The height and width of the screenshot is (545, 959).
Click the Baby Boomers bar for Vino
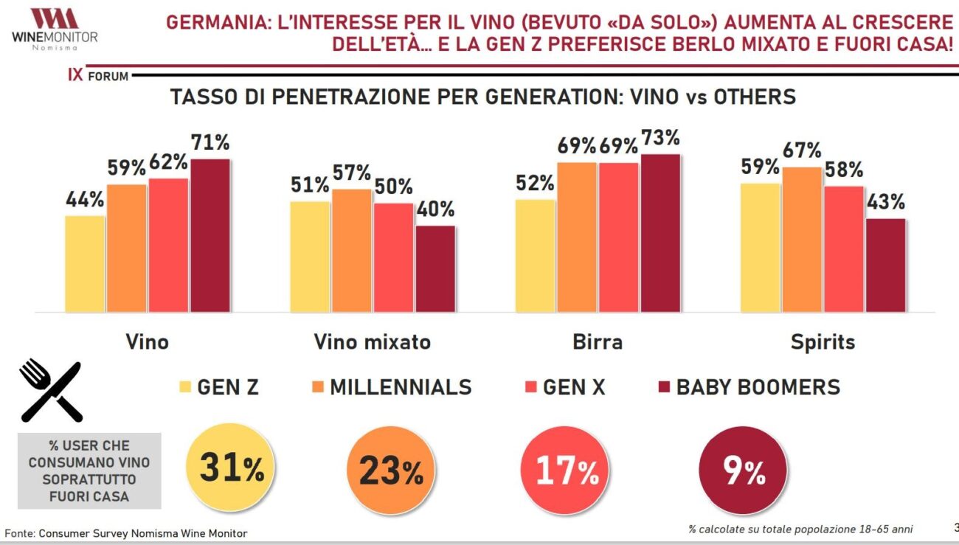point(210,235)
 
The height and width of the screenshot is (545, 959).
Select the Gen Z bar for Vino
point(85,263)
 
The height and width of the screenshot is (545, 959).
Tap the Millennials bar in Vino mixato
point(351,250)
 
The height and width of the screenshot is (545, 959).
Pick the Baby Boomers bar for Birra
point(661,233)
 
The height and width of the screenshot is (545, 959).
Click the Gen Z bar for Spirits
point(760,247)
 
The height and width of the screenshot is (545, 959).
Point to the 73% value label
point(660,139)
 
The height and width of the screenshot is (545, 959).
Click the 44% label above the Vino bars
point(85,200)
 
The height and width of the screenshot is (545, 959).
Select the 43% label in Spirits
point(884,202)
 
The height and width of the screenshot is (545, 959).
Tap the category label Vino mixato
point(372,342)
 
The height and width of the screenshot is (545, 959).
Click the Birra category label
point(598,342)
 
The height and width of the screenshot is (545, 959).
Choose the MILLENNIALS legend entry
point(390,387)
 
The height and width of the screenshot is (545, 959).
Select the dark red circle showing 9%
point(744,470)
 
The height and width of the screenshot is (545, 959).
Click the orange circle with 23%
point(391,470)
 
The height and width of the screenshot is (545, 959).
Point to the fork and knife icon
point(50,390)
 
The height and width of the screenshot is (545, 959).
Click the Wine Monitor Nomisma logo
point(55,29)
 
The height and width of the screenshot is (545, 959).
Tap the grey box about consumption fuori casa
point(89,471)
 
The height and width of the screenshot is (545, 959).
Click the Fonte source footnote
point(126,532)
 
